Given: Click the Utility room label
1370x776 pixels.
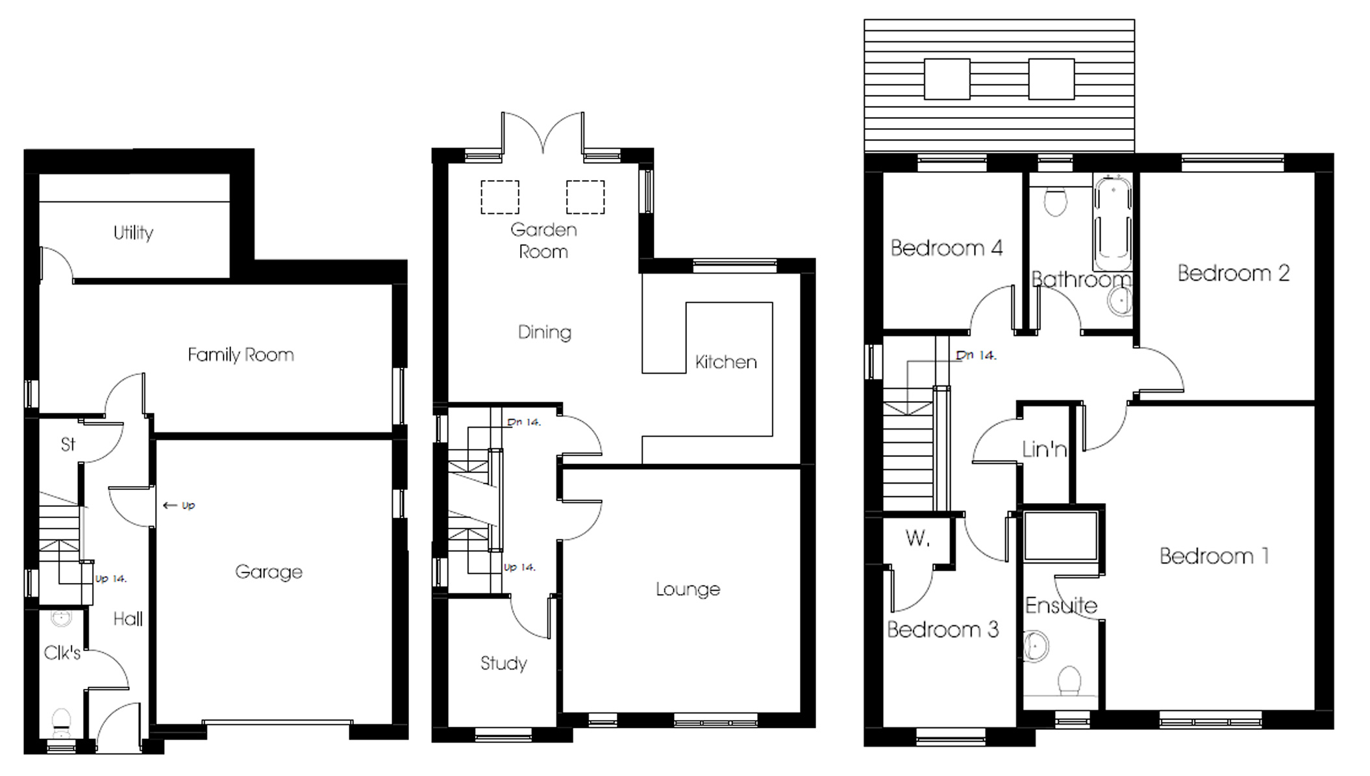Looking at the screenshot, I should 133,233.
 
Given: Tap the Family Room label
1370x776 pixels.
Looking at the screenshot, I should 240,355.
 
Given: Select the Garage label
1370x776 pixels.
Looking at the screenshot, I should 269,572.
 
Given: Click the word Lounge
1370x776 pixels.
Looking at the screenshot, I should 688,589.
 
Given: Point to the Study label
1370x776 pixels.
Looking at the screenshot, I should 503,664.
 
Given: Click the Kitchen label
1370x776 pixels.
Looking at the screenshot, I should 726,362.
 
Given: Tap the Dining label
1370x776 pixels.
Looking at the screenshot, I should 544,333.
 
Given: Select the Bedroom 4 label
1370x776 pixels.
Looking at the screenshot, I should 946,248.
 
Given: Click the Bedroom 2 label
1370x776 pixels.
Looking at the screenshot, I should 1233,274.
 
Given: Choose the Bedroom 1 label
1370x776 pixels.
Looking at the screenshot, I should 1214,556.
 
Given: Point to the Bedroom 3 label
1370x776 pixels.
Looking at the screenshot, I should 942,630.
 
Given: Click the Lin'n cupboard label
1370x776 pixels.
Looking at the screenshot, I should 1044,449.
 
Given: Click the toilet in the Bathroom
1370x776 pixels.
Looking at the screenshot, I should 1056,201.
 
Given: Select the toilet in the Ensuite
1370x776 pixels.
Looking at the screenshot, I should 1069,682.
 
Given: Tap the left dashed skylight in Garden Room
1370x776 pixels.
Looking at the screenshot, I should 500,197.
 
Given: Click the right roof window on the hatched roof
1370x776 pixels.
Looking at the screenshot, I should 1051,79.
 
